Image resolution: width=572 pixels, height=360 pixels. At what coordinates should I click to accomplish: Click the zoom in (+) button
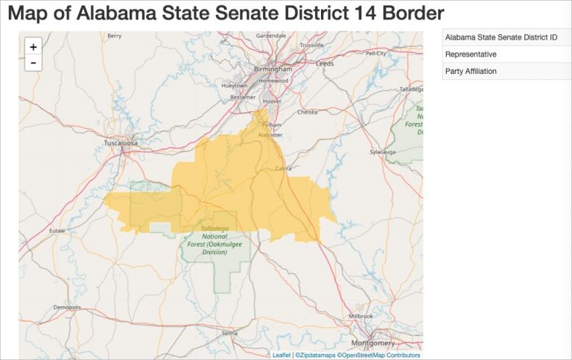34,46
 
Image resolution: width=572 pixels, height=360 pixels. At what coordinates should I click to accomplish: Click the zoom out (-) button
34,63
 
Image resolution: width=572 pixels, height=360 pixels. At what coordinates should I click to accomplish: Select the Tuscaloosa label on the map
121,142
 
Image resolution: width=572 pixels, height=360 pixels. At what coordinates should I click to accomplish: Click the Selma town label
229,333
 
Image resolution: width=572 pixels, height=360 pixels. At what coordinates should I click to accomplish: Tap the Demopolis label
67,307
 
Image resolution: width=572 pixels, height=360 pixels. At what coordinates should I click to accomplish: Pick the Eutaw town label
57,231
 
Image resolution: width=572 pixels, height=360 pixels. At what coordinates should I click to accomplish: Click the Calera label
284,168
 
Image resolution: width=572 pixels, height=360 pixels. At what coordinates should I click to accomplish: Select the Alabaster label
270,135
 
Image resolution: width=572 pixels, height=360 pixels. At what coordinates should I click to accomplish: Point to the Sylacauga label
383,151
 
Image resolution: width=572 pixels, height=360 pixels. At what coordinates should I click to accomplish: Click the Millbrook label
360,316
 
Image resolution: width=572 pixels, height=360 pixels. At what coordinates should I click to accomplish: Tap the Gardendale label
271,35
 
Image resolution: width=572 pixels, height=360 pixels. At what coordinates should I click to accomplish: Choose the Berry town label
114,35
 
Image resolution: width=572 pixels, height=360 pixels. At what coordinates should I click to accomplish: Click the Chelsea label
308,113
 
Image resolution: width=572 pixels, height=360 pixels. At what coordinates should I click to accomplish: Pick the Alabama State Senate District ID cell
501,37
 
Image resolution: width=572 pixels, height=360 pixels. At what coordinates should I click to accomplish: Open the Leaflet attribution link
282,355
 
